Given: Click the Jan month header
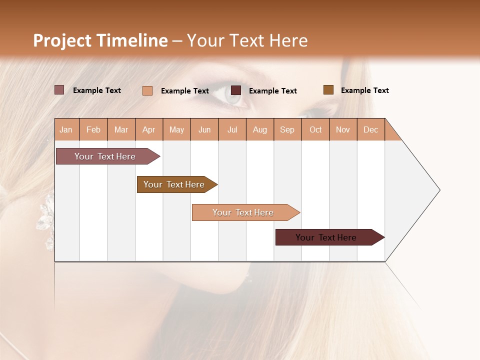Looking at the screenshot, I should point(66,129).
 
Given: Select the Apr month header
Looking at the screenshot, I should point(149,129).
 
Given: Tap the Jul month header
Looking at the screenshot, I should point(232,129).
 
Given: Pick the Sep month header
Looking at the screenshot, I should point(287,129).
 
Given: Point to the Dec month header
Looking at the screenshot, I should point(370,129).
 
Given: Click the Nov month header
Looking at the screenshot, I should point(343,129).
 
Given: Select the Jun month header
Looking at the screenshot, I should point(204,129).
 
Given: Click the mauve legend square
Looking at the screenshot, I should point(59,90).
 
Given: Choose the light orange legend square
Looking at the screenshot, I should point(147,90).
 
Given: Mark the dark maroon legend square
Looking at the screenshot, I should point(236,90).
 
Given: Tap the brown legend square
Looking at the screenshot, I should point(328,90).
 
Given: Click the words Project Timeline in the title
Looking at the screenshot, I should point(100,40).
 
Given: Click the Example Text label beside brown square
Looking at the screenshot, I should point(364,90).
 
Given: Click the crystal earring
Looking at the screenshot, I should point(45,212).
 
